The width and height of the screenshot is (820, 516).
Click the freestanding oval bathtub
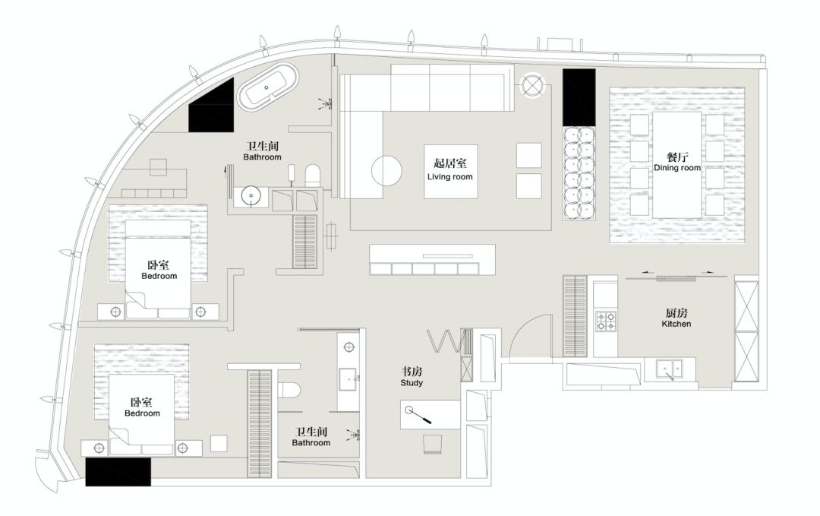point(268,87)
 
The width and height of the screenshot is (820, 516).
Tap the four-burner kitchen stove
point(607,321)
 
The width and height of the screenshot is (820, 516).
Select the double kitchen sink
point(670,369)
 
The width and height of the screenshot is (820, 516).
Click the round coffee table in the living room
point(386,170)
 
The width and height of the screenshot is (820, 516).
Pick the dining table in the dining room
point(677,165)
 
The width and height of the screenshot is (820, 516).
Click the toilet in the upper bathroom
point(312,176)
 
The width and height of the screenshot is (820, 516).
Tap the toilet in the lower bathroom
point(289,390)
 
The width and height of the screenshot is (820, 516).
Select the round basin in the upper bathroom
point(251,197)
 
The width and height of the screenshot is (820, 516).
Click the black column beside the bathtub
point(213,107)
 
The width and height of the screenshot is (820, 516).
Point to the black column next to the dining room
point(579,97)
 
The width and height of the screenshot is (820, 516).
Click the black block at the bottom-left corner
point(118,471)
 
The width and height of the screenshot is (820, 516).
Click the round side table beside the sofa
point(532,84)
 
